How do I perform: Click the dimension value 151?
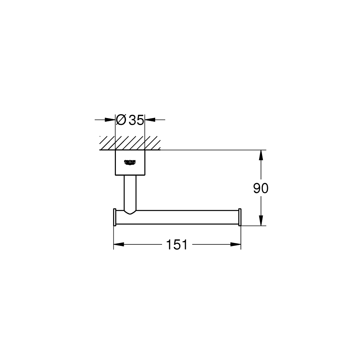click(x=177, y=245)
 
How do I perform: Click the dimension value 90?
click(x=261, y=188)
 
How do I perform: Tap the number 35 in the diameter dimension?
click(x=136, y=120)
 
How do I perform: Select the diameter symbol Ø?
click(x=121, y=120)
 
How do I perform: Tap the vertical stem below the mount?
click(x=130, y=193)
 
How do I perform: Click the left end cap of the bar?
click(x=114, y=217)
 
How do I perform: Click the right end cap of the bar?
click(x=240, y=217)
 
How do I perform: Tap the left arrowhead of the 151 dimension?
click(x=118, y=245)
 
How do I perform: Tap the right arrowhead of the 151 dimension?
click(x=236, y=245)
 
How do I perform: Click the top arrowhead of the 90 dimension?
click(x=261, y=155)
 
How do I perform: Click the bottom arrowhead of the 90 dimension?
click(x=261, y=221)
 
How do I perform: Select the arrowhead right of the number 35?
click(x=149, y=120)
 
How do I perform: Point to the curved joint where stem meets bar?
click(x=130, y=212)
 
